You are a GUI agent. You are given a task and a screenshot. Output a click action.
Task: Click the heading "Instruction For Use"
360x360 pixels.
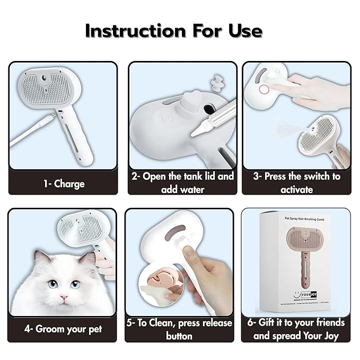[173, 31]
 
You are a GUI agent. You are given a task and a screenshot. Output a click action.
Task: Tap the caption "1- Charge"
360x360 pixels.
[63, 183]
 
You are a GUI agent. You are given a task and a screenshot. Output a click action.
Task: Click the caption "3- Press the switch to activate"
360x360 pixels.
[297, 182]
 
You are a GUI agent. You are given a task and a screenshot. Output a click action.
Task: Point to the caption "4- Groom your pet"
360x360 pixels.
[63, 329]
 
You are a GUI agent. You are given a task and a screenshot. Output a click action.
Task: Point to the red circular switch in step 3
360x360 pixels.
[264, 89]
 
